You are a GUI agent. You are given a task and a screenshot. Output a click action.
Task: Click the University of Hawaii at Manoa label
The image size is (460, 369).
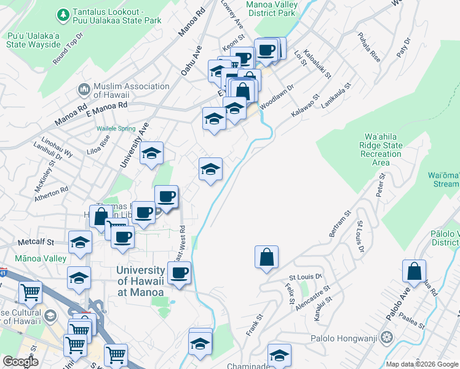click(x=141, y=282)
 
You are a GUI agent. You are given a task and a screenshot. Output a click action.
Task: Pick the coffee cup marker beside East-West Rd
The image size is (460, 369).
click(x=179, y=272)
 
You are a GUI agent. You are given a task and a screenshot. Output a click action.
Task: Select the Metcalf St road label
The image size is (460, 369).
click(x=37, y=242)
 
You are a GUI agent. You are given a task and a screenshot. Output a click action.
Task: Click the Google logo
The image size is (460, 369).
click(x=20, y=362)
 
